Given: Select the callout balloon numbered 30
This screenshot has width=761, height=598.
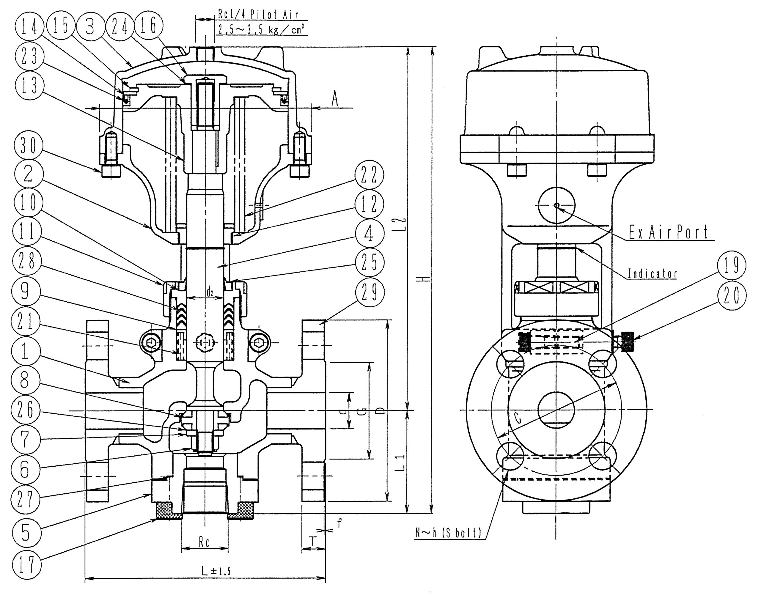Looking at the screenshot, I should [28, 146].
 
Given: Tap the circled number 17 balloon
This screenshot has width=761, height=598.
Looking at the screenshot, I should [27, 564].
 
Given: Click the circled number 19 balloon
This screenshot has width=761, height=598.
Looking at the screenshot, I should [731, 265].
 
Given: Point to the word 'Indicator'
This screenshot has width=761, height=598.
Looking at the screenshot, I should [652, 273].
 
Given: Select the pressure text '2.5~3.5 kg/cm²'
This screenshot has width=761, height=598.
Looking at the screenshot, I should [261, 29].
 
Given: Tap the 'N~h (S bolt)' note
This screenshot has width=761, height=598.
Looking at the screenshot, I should [448, 533].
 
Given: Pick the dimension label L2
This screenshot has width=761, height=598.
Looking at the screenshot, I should [403, 224].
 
